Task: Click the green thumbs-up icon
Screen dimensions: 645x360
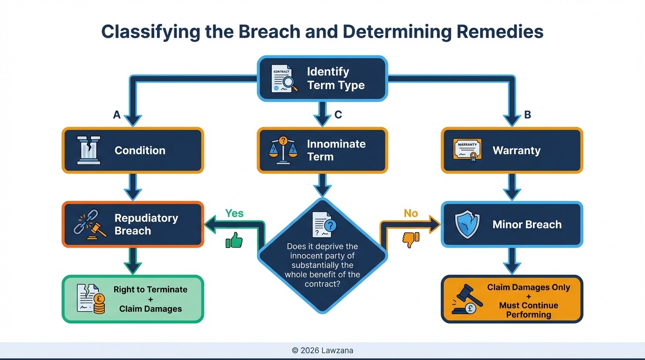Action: [234, 240]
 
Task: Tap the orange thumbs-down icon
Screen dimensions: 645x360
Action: [411, 240]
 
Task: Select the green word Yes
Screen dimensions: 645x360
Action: [234, 213]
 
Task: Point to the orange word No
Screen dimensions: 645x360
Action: [411, 213]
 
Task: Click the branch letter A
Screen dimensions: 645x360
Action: [117, 115]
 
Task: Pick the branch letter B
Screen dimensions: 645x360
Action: [527, 115]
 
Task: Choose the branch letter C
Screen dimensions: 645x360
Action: [338, 115]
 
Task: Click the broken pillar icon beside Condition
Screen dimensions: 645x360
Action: [89, 150]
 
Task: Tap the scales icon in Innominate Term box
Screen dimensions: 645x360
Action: [283, 150]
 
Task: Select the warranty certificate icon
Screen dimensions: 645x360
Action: [467, 150]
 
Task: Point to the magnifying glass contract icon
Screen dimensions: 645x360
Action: [285, 79]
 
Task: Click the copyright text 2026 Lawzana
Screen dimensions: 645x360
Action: [322, 351]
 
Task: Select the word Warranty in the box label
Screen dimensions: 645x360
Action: [517, 150]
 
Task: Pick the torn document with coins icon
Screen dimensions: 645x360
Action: [91, 299]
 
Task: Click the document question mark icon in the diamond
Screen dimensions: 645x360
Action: [324, 225]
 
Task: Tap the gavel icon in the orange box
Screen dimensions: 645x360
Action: [467, 299]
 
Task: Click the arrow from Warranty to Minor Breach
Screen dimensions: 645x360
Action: [512, 187]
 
